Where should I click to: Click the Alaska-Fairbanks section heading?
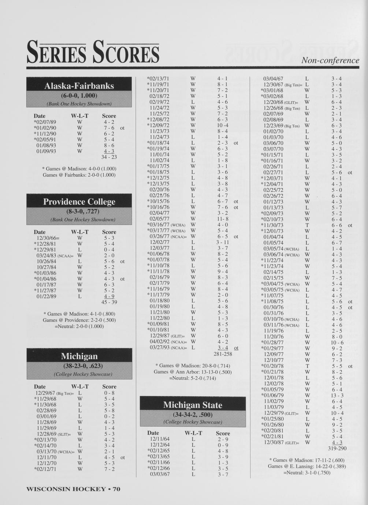pos(79,86)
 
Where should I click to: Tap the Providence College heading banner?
pos(79,202)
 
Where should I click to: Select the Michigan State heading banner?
pos(193,405)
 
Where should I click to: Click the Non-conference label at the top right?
pos(330,60)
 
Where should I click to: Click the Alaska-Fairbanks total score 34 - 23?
pos(109,157)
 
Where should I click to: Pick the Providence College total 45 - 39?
pos(109,302)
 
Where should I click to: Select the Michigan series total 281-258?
pos(223,354)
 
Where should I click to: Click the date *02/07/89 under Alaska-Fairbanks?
pos(45,122)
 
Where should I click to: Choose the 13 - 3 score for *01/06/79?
pos(337,396)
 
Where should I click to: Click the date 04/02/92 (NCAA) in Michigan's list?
pos(168,342)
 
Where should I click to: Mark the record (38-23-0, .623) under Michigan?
pos(79,366)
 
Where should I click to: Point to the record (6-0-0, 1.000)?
pos(79,96)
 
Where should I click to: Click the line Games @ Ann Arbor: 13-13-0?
pos(193,372)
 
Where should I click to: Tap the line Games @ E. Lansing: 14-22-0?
pos(306,466)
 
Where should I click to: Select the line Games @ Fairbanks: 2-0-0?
pos(79,175)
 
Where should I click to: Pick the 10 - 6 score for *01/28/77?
pos(337,343)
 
